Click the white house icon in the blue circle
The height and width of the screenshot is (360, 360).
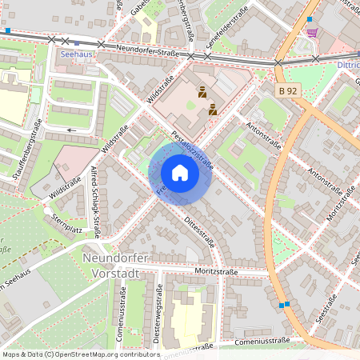[180, 173]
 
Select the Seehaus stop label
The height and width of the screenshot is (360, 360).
[76, 54]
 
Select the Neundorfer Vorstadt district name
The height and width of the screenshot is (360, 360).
[122, 265]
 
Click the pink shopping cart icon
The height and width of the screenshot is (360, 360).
[312, 33]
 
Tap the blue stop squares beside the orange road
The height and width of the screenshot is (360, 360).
[283, 304]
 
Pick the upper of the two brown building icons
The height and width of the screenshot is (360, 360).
[202, 91]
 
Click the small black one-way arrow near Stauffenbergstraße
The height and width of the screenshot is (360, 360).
[72, 129]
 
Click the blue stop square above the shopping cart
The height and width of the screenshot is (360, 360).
[310, 18]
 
